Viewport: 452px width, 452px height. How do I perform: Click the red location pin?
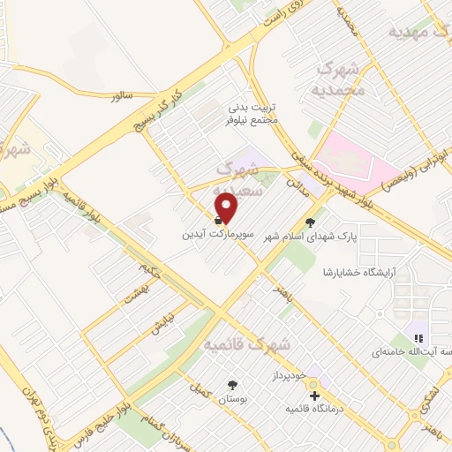pyautogui.click(x=227, y=207)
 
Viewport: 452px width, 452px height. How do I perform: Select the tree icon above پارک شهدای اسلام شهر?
pyautogui.click(x=308, y=222)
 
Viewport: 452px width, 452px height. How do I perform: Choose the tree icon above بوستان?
pyautogui.click(x=232, y=385)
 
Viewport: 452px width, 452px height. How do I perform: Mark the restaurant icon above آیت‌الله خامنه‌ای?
pyautogui.click(x=418, y=338)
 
